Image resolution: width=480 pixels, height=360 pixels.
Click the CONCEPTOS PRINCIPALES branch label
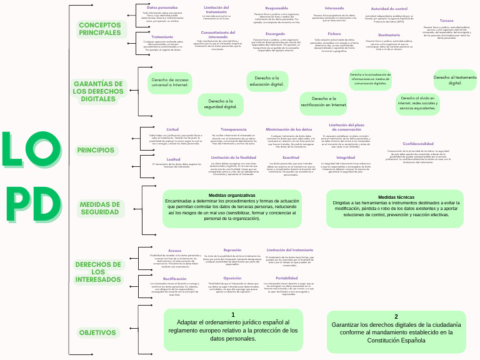[100, 29]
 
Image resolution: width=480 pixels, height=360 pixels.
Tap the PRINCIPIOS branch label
[96, 150]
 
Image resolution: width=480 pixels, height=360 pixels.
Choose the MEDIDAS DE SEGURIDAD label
[99, 208]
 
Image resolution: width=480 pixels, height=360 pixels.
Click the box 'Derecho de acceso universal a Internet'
[169, 82]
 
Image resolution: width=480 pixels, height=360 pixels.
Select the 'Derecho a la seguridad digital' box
[221, 104]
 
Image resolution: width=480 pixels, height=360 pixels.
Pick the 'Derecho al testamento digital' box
[455, 81]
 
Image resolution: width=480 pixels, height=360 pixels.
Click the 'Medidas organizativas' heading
[223, 195]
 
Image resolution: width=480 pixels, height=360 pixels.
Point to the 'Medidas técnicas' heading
[396, 197]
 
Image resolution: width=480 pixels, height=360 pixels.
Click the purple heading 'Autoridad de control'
[389, 8]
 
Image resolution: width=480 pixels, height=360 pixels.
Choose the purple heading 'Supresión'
[232, 249]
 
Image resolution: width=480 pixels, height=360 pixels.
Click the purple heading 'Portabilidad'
[286, 277]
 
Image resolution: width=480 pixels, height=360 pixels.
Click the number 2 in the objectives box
[396, 316]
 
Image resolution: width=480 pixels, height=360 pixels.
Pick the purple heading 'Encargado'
[275, 33]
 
